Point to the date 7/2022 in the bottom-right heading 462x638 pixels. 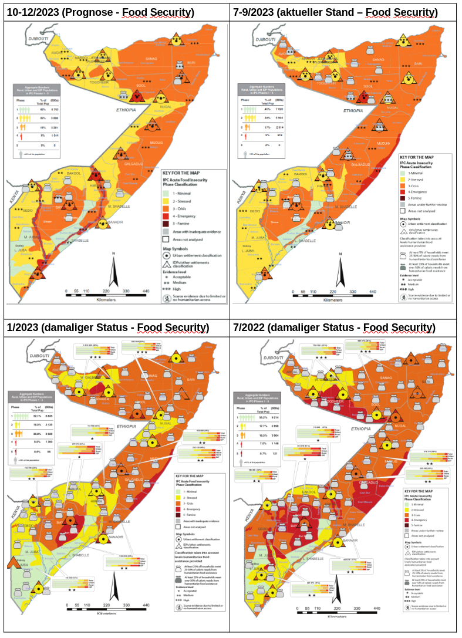tap(250, 327)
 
